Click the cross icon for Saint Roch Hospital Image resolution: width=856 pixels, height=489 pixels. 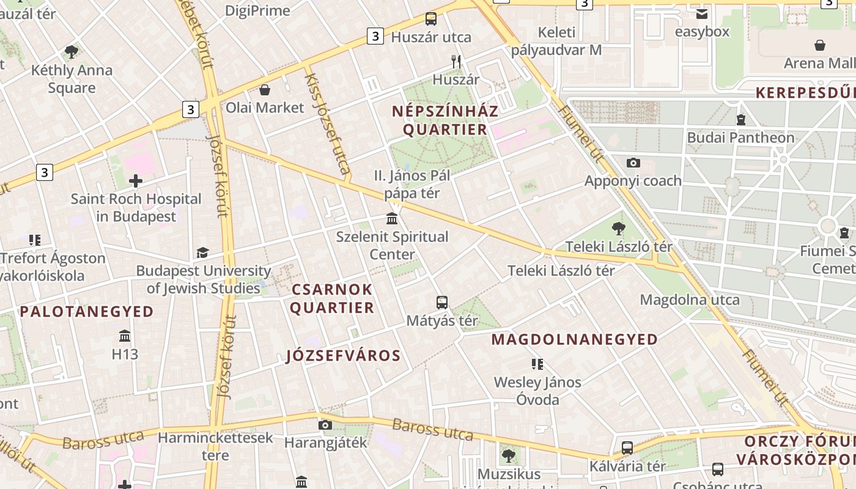136,181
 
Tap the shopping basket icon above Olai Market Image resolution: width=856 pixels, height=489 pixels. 265,90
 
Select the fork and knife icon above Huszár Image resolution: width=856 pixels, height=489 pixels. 456,61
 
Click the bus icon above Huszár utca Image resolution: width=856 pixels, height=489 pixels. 431,19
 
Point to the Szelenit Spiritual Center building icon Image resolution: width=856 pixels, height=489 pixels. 392,218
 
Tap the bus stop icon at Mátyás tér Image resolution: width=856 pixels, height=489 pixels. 442,302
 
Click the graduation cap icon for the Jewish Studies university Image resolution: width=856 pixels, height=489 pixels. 202,252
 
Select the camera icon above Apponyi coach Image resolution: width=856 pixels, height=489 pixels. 633,163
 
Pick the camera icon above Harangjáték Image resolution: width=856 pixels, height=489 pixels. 325,425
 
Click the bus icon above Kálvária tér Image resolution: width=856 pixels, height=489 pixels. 627,447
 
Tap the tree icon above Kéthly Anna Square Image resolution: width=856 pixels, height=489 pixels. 72,52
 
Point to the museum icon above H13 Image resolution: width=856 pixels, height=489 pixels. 125,336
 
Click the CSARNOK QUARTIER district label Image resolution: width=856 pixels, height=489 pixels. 331,298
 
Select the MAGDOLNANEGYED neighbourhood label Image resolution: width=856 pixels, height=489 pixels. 575,339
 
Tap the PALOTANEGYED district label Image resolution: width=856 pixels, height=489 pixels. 87,312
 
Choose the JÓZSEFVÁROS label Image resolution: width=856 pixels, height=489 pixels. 344,356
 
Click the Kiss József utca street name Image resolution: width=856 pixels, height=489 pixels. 328,122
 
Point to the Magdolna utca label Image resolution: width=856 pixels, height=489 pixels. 690,300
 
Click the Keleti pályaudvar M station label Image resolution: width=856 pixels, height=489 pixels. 556,41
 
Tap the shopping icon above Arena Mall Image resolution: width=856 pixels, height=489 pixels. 820,45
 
